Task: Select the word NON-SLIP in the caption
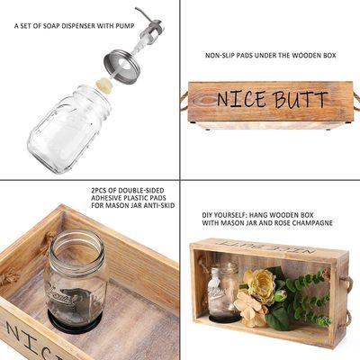[x=223, y=56]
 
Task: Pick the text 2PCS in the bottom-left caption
[x=101, y=191]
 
